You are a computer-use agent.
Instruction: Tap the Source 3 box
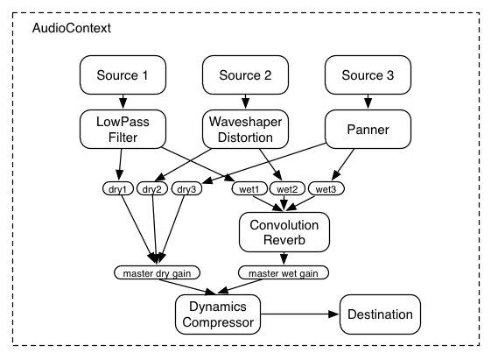click(x=367, y=75)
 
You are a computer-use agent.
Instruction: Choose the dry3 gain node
click(x=186, y=188)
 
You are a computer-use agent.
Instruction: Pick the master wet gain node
click(x=283, y=272)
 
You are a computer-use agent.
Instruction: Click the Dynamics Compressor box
click(x=218, y=314)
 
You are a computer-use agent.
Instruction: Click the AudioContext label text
click(x=72, y=29)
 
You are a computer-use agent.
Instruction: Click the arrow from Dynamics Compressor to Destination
click(x=297, y=314)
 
